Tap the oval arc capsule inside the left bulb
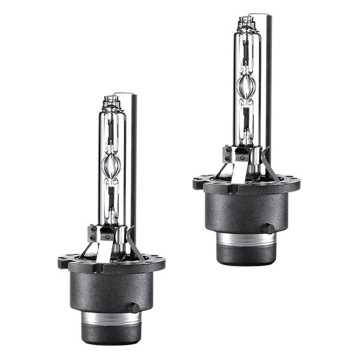(110, 163)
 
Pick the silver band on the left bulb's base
(111, 318)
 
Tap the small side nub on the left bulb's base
(133, 307)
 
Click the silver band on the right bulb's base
(246, 238)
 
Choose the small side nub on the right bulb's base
(268, 228)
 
